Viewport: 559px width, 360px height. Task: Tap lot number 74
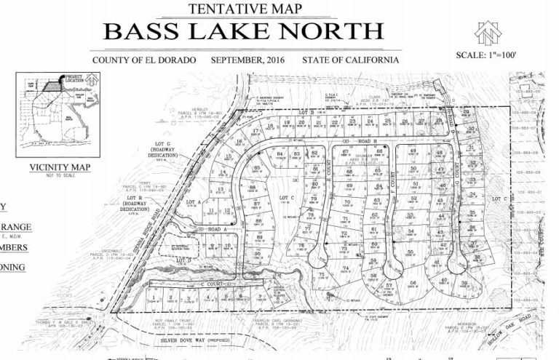(x=346, y=268)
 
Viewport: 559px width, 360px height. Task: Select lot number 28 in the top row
(x=438, y=121)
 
